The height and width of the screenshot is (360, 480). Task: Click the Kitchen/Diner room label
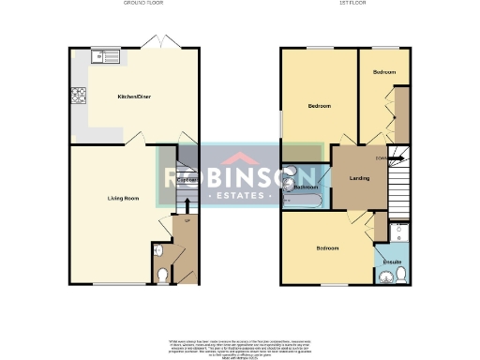click(x=131, y=97)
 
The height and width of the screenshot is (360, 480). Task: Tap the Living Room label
click(x=123, y=198)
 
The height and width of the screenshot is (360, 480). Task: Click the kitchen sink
click(x=105, y=57)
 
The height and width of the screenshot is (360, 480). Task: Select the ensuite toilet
click(x=400, y=273)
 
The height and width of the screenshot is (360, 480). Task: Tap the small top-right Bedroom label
click(x=384, y=72)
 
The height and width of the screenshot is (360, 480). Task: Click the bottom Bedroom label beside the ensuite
click(x=327, y=247)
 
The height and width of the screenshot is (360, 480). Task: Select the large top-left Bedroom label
click(x=320, y=106)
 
